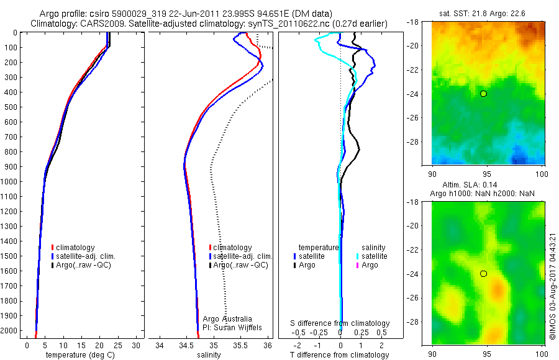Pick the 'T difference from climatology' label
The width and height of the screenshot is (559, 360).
click(x=340, y=355)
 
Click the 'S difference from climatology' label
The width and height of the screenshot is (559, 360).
click(x=340, y=323)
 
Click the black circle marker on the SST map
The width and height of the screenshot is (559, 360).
click(x=483, y=94)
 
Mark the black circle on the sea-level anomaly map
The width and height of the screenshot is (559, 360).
click(x=483, y=274)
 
